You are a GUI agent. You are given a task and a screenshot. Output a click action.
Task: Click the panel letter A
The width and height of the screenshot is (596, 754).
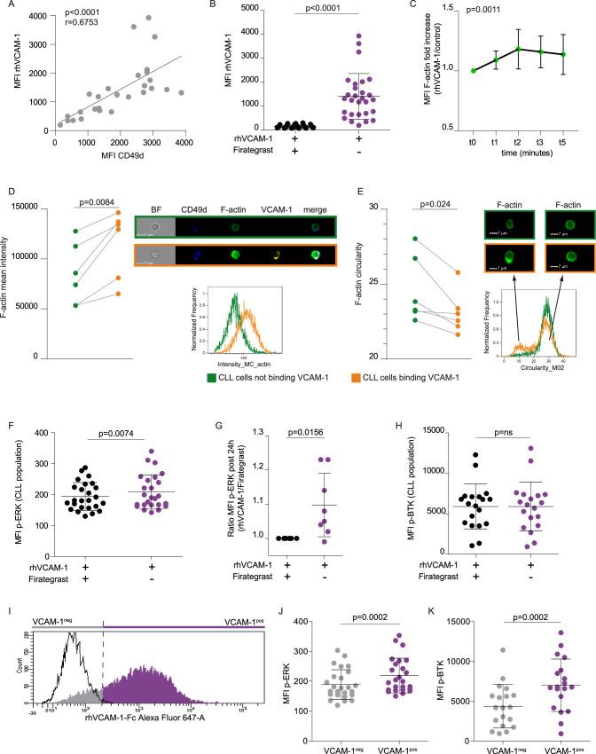[8, 7]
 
